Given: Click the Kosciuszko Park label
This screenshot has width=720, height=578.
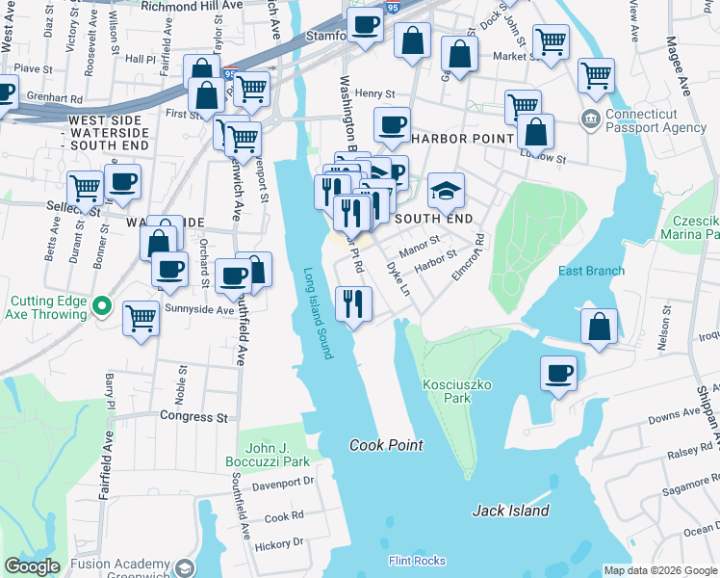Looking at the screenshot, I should [x=457, y=391].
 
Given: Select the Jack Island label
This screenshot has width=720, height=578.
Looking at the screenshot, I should [x=510, y=511].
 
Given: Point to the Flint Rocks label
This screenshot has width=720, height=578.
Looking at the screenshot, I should [x=417, y=560].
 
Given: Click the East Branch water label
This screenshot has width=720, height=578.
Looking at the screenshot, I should [x=591, y=271].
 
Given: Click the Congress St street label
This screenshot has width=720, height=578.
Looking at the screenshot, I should [x=193, y=418].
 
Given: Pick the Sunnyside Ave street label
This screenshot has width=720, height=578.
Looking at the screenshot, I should [x=197, y=310].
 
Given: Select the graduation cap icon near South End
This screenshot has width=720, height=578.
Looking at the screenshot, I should [x=446, y=190].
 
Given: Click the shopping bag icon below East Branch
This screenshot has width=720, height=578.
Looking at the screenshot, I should [x=600, y=327].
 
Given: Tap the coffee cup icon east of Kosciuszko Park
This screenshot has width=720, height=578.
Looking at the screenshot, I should [x=558, y=372].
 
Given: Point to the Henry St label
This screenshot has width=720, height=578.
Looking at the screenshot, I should [x=375, y=93].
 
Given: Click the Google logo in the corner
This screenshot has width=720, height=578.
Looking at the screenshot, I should [x=33, y=566].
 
